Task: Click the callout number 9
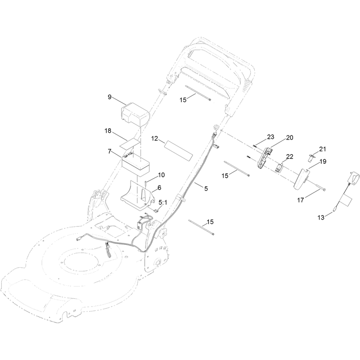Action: [109, 97]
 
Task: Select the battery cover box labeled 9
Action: [135, 114]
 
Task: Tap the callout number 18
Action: [108, 131]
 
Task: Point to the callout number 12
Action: [155, 139]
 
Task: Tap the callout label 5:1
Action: [163, 202]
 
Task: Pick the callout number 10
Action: [162, 175]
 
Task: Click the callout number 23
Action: [271, 137]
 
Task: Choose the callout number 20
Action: [289, 138]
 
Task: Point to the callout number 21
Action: [322, 149]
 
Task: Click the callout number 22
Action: [290, 157]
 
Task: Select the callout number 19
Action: [323, 162]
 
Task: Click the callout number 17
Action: [301, 200]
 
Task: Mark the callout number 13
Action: [321, 217]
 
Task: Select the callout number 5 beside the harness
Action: [206, 189]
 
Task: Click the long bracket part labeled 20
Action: [264, 157]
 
